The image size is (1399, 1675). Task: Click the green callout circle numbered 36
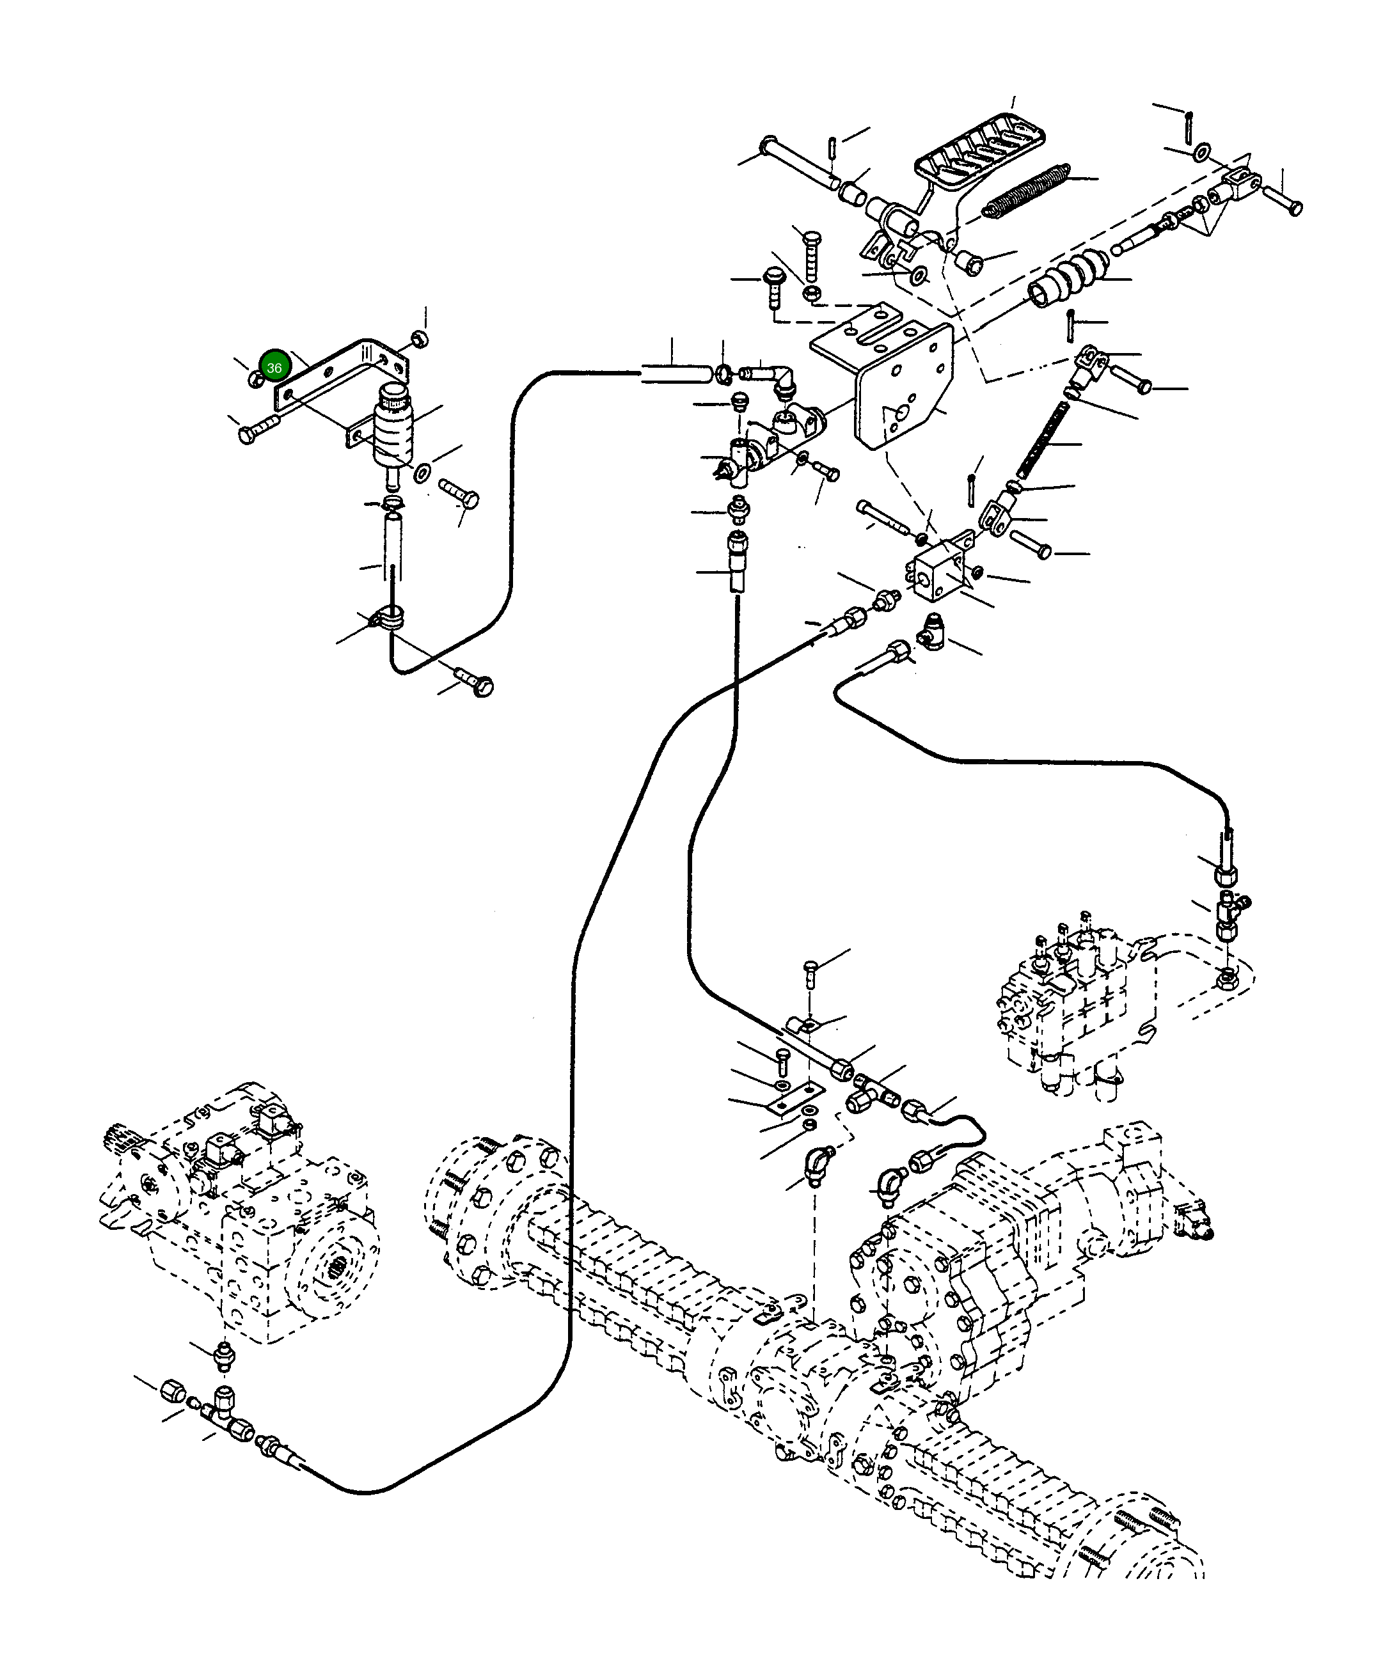pyautogui.click(x=274, y=368)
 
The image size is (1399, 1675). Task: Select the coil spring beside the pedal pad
pyautogui.click(x=1027, y=191)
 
